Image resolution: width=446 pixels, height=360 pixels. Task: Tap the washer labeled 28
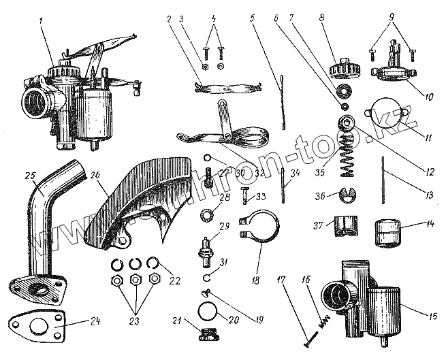[206, 216]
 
